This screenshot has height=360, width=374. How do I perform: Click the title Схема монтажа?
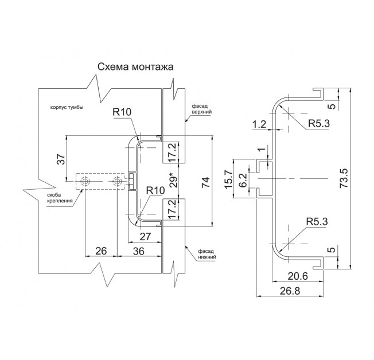click(x=135, y=67)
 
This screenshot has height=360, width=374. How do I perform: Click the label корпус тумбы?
click(x=67, y=107)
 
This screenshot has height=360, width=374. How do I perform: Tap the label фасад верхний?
click(x=202, y=108)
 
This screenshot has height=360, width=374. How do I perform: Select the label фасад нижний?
click(x=207, y=254)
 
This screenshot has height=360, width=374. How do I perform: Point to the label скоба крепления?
click(x=60, y=198)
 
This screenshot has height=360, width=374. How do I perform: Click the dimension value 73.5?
click(x=344, y=178)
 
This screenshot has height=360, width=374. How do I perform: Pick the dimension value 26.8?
click(x=290, y=291)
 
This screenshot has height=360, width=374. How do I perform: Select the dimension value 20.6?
click(x=298, y=276)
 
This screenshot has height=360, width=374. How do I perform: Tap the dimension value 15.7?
click(x=229, y=179)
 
